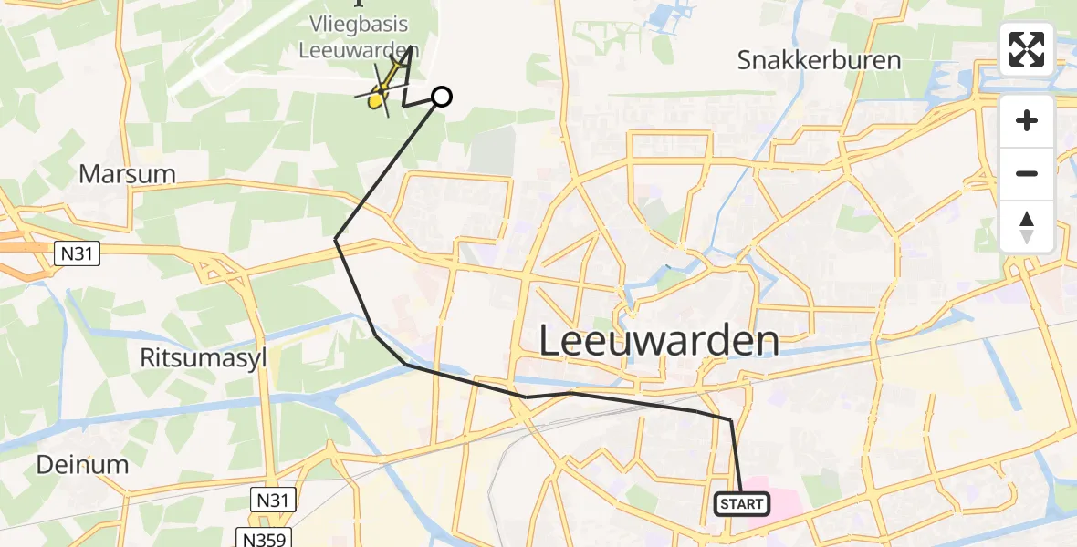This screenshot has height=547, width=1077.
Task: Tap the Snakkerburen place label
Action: [819, 61]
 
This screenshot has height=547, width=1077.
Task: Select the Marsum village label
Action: [127, 173]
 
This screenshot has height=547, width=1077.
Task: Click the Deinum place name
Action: [82, 465]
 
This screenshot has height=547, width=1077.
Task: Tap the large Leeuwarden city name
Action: [659, 341]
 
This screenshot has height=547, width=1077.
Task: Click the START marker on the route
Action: [741, 503]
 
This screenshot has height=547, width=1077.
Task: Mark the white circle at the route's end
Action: [441, 97]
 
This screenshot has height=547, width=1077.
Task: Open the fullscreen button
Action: [1027, 49]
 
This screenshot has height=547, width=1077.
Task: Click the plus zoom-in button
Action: [1027, 121]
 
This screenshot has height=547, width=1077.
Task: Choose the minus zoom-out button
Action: [1027, 173]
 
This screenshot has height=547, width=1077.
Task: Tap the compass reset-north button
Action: [1027, 227]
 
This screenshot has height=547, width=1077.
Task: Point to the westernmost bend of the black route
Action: [336, 239]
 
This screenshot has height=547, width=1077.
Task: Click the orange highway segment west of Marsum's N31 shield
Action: [23, 246]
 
